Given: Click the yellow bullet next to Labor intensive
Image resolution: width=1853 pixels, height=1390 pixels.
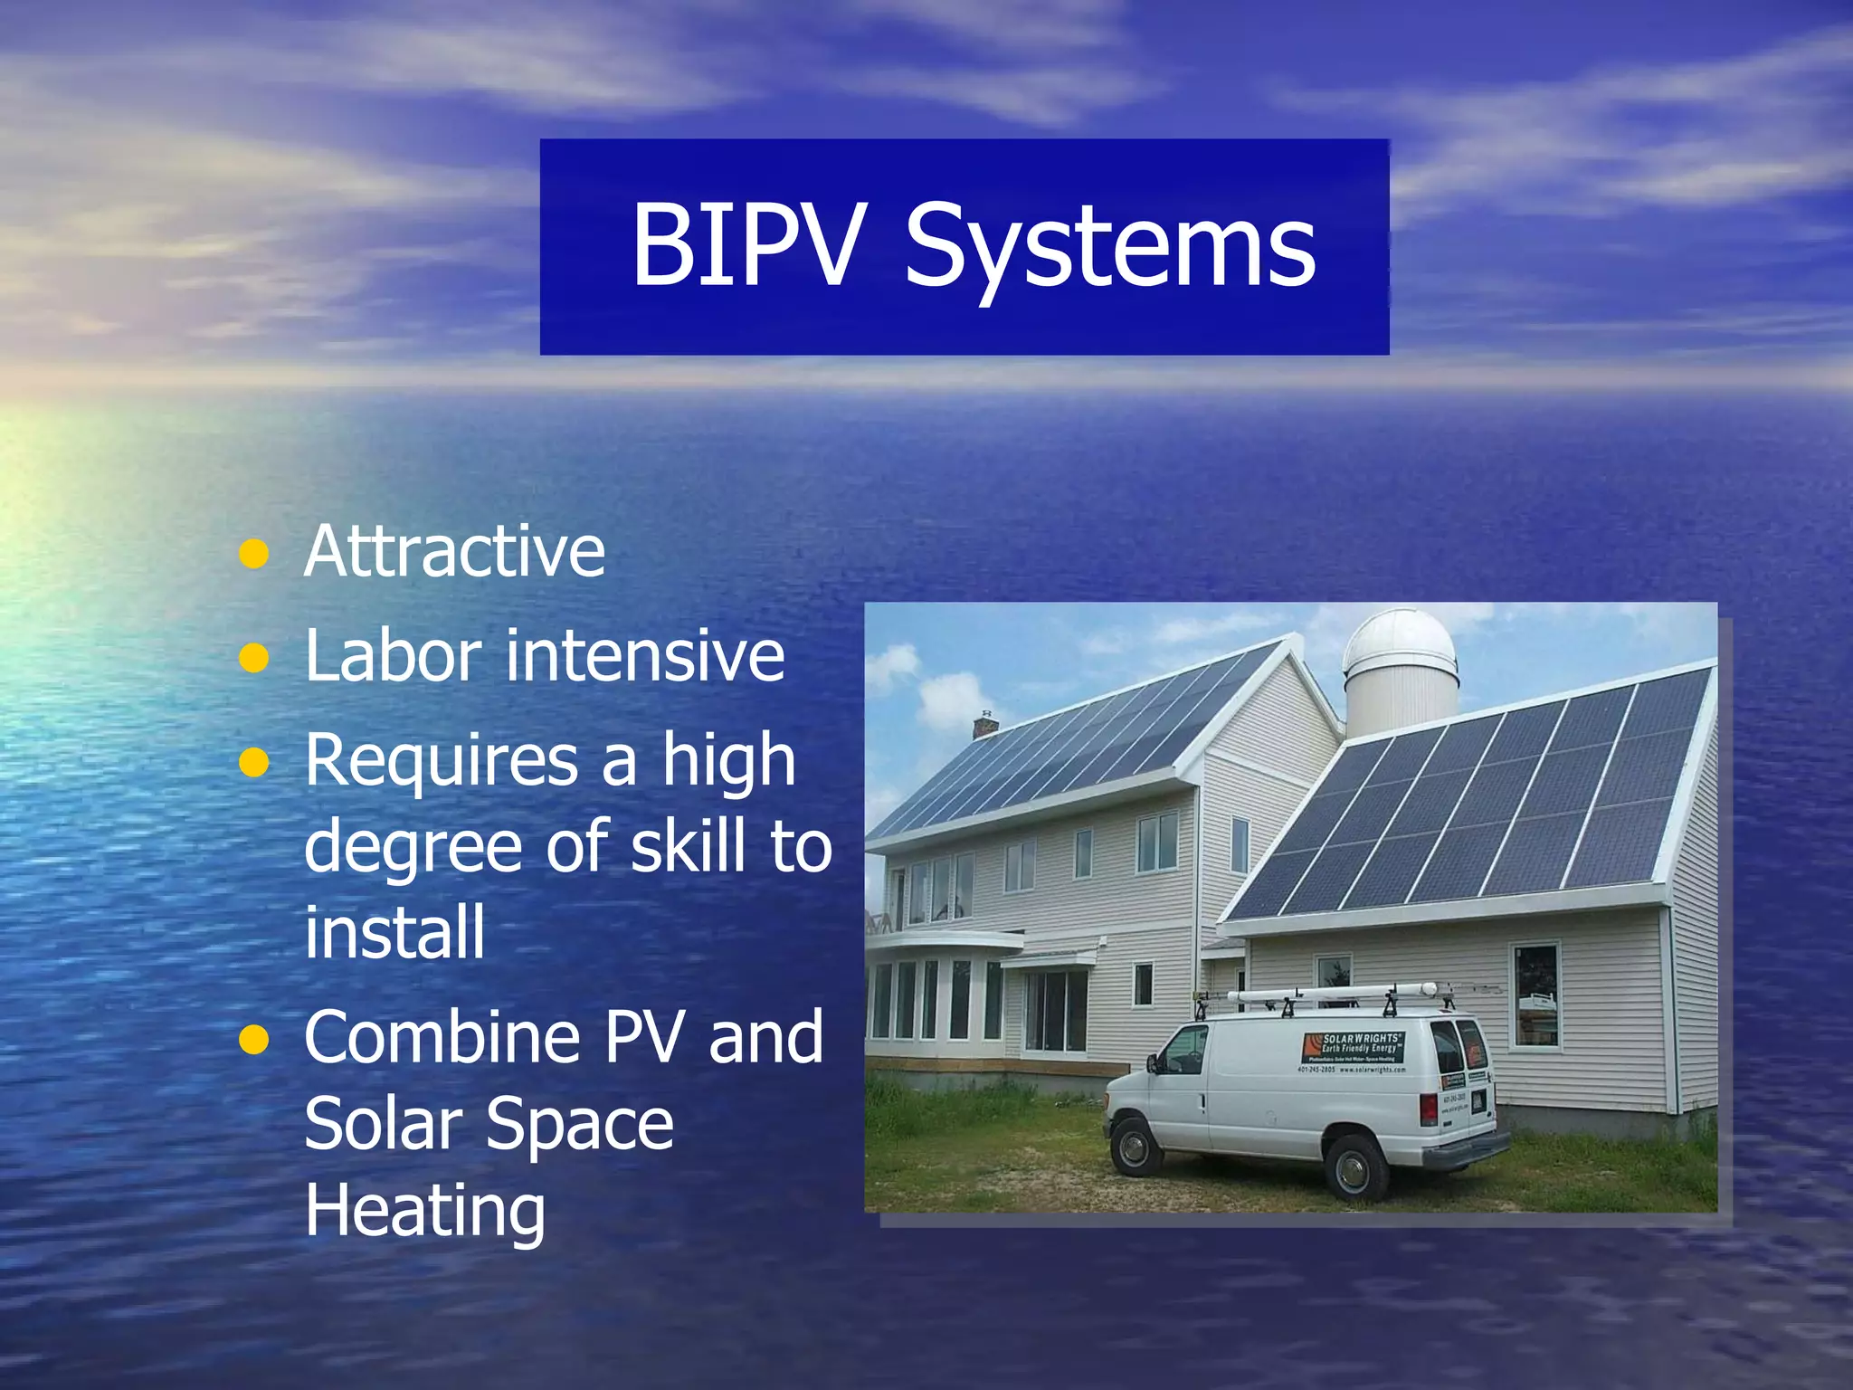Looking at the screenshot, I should click(254, 658).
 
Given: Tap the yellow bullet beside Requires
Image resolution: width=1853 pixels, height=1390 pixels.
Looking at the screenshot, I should click(254, 763).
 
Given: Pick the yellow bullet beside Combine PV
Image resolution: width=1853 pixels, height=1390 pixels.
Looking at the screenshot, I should click(254, 1040).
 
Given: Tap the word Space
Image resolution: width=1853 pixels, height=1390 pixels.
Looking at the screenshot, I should click(580, 1124).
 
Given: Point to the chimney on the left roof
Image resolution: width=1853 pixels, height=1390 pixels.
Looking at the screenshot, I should click(984, 725).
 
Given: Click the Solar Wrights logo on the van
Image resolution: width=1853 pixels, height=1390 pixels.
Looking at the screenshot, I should click(1354, 1047).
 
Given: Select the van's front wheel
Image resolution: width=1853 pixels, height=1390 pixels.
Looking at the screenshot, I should click(1133, 1148).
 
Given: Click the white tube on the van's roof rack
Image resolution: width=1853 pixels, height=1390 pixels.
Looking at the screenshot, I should click(1330, 995).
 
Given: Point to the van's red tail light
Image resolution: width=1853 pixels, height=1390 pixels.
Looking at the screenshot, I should click(1429, 1109).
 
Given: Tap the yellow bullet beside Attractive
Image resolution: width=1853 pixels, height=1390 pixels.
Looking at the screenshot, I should click(254, 554).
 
